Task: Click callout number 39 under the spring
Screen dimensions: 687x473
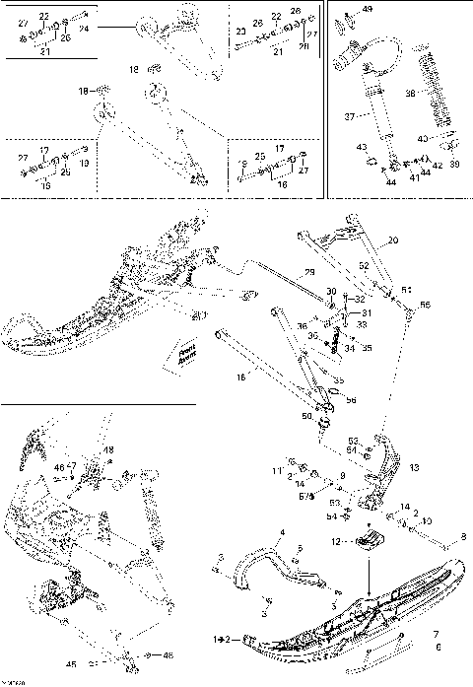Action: point(453,165)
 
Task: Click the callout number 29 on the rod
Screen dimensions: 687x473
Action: point(308,271)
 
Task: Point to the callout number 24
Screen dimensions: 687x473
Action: point(84,30)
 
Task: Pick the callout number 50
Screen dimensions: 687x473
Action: point(306,417)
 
